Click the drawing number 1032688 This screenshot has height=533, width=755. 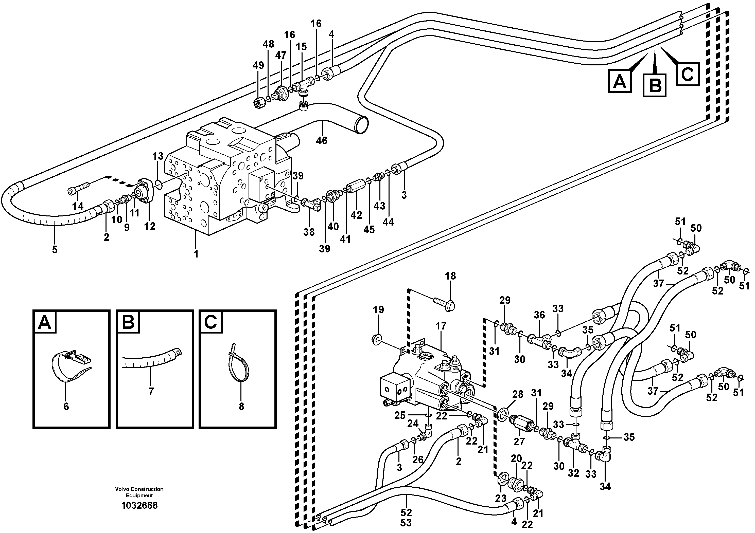[139, 505]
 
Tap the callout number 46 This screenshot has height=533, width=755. [322, 140]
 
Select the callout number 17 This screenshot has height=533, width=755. [441, 326]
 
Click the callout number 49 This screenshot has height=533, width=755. [258, 65]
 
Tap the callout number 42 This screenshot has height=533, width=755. [356, 215]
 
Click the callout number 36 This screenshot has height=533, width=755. [539, 315]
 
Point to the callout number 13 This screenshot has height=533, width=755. [158, 156]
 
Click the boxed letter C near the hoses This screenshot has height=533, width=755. [687, 74]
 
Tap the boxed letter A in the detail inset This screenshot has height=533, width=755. [45, 322]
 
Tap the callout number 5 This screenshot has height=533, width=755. [55, 249]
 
